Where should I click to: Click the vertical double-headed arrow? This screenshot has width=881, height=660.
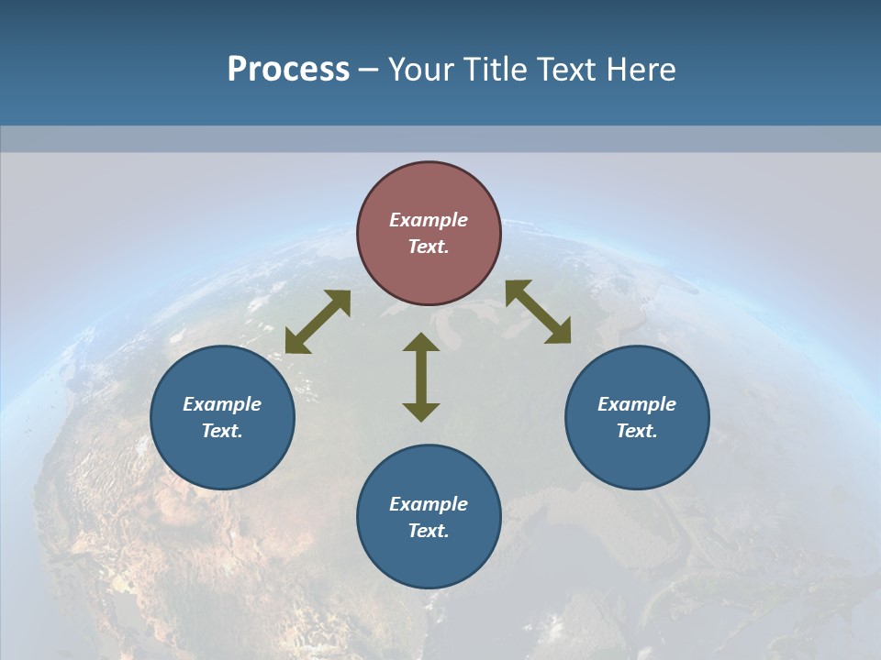(421, 378)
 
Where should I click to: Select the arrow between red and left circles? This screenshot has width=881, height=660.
(318, 322)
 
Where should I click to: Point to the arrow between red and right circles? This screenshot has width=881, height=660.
(539, 312)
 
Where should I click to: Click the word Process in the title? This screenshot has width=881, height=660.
(288, 69)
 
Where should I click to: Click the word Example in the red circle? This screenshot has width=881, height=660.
(429, 220)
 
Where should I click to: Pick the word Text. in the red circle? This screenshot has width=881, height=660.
(429, 247)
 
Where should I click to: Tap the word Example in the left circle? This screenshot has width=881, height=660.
(222, 404)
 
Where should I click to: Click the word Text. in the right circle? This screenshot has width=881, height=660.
(637, 431)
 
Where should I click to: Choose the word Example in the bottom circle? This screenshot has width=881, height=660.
(429, 504)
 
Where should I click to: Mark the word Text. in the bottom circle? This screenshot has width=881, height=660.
(429, 531)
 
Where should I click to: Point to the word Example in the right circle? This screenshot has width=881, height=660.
(637, 404)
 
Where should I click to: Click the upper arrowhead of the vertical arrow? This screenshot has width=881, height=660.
(421, 343)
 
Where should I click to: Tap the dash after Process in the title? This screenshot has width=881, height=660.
(369, 70)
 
